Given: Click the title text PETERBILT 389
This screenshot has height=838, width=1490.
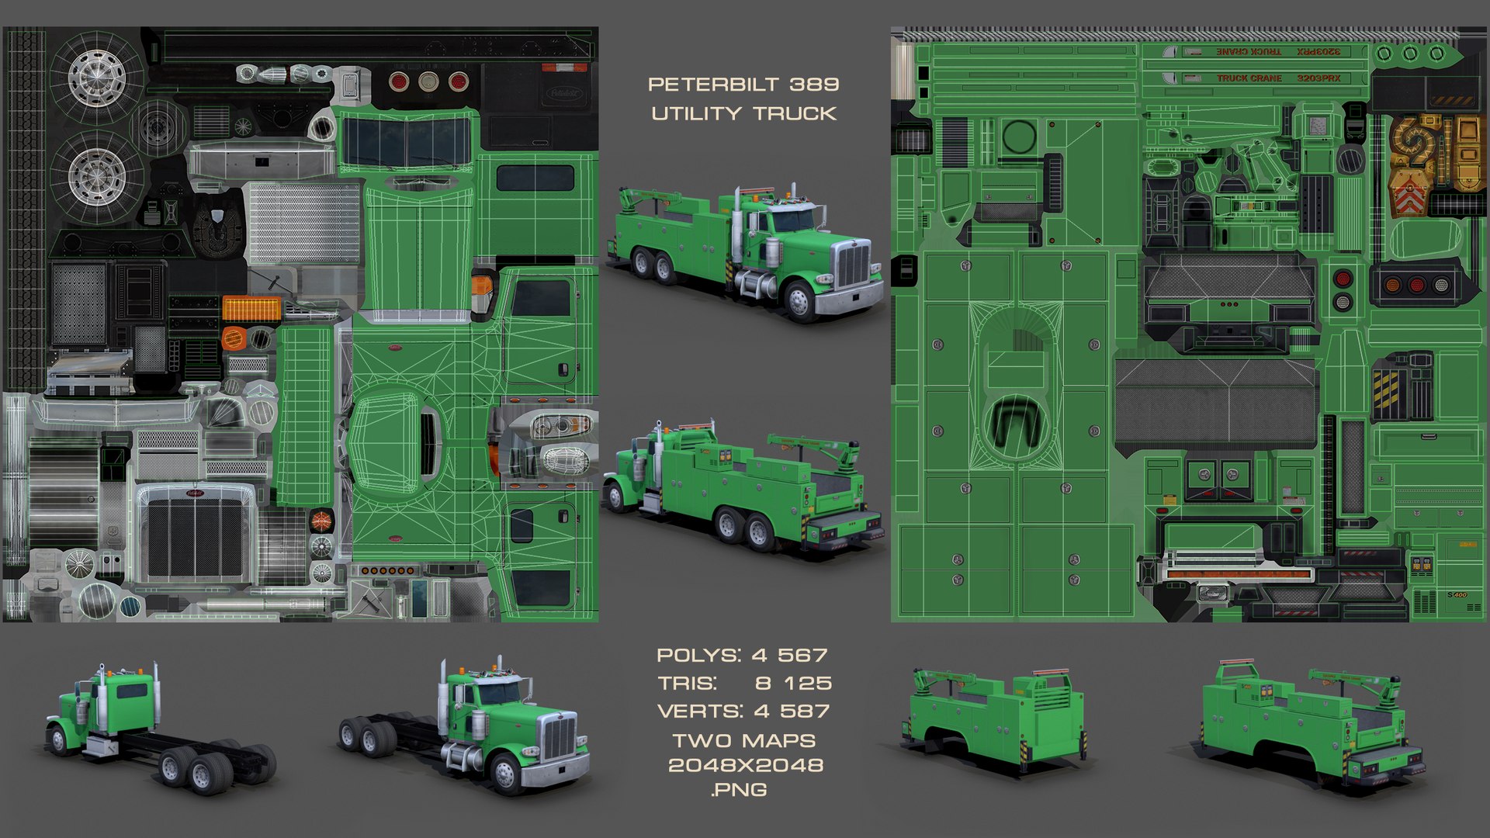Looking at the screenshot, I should coord(743,85).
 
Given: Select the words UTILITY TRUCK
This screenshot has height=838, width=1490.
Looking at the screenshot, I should coord(743,114).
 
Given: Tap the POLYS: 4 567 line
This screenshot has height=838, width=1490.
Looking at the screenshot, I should coord(742,656).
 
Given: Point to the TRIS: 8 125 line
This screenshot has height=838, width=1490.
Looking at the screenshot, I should coord(743,684).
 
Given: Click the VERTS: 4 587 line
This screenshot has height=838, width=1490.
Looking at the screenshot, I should coord(743,712).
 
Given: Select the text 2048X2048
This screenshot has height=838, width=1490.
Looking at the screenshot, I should coord(745,765).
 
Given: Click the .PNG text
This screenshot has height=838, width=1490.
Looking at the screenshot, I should coord(738,790).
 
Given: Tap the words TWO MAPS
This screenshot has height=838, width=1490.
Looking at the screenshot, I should coord(743,741).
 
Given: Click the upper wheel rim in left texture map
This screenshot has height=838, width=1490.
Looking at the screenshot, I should coord(97,77).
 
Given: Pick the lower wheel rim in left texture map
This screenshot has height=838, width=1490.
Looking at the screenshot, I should coord(97,177).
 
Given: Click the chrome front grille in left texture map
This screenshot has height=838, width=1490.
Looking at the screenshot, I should coord(195,535).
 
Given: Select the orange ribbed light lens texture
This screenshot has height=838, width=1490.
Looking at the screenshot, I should coord(251,308).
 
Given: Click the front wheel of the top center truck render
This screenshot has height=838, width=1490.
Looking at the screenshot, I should coord(798,299).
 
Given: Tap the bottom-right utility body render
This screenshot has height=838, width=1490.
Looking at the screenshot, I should coord(1312,725).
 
